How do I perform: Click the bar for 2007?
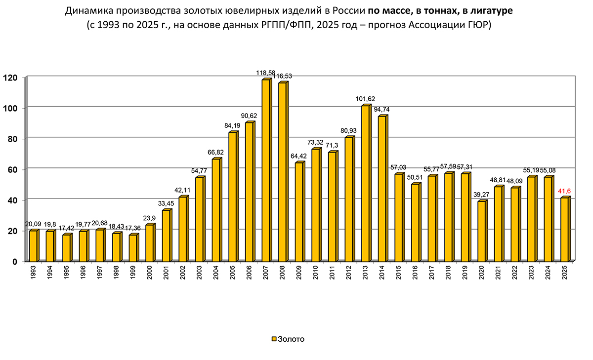coord(266,170)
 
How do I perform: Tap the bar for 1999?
coord(132,248)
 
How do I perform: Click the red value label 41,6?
coord(565,191)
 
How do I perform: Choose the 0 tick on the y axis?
coord(15,261)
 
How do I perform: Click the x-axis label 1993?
coord(33,274)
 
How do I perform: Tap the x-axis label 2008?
coord(283,274)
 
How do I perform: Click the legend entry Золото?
coord(291,339)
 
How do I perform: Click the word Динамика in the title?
coord(87,11)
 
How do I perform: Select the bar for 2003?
coord(199,219)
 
